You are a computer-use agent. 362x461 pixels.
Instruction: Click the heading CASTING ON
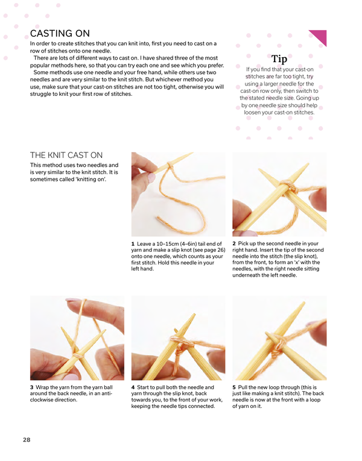pos(60,33)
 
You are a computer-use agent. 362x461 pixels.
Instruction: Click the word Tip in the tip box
pos(279,59)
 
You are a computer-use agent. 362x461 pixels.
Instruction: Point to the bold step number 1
pos(133,243)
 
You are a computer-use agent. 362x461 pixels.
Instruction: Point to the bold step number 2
pos(234,243)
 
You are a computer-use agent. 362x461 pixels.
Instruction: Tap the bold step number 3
pos(31,387)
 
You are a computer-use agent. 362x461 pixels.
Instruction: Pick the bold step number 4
pos(133,387)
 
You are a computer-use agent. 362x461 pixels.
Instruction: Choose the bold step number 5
pos(234,387)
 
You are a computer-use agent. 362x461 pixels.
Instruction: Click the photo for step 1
pos(178,193)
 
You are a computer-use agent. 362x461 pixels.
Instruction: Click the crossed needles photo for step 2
pos(279,193)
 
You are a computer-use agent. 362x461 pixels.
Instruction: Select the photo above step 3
pos(77,337)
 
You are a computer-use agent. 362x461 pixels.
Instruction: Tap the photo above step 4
pos(178,337)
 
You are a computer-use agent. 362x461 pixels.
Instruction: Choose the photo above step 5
pos(279,337)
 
